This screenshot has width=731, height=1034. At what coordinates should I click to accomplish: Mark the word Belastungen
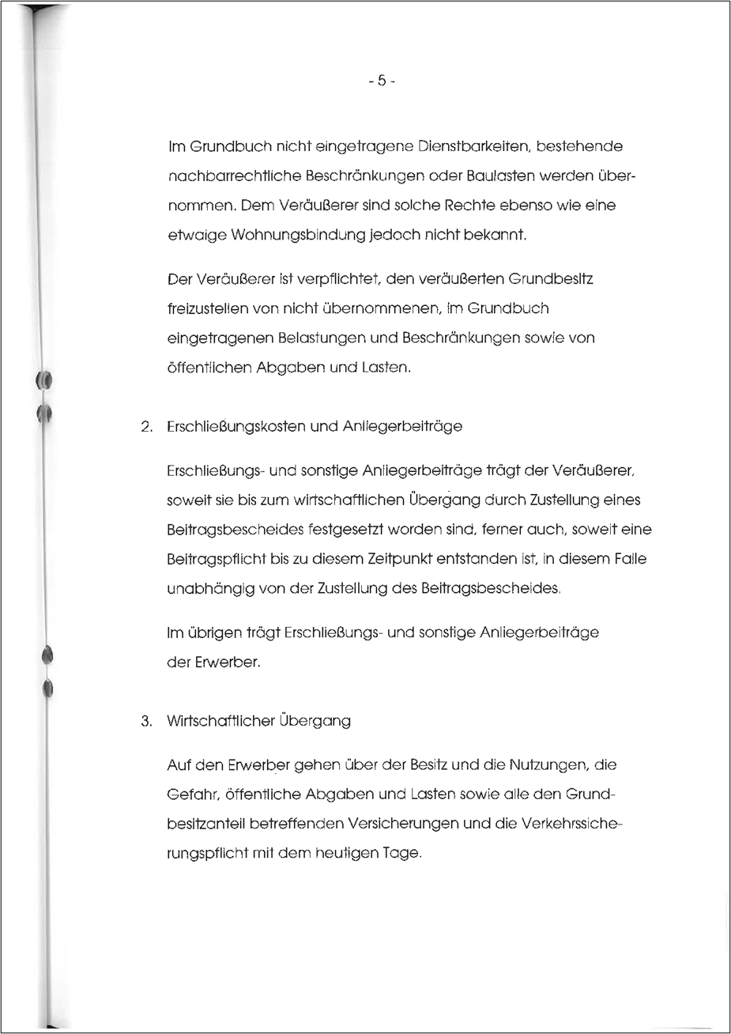[x=310, y=338]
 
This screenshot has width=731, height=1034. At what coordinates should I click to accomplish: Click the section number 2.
[x=145, y=426]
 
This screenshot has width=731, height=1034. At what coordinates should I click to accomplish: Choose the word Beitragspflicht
[x=213, y=559]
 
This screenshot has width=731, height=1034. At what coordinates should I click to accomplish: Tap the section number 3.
[x=145, y=721]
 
